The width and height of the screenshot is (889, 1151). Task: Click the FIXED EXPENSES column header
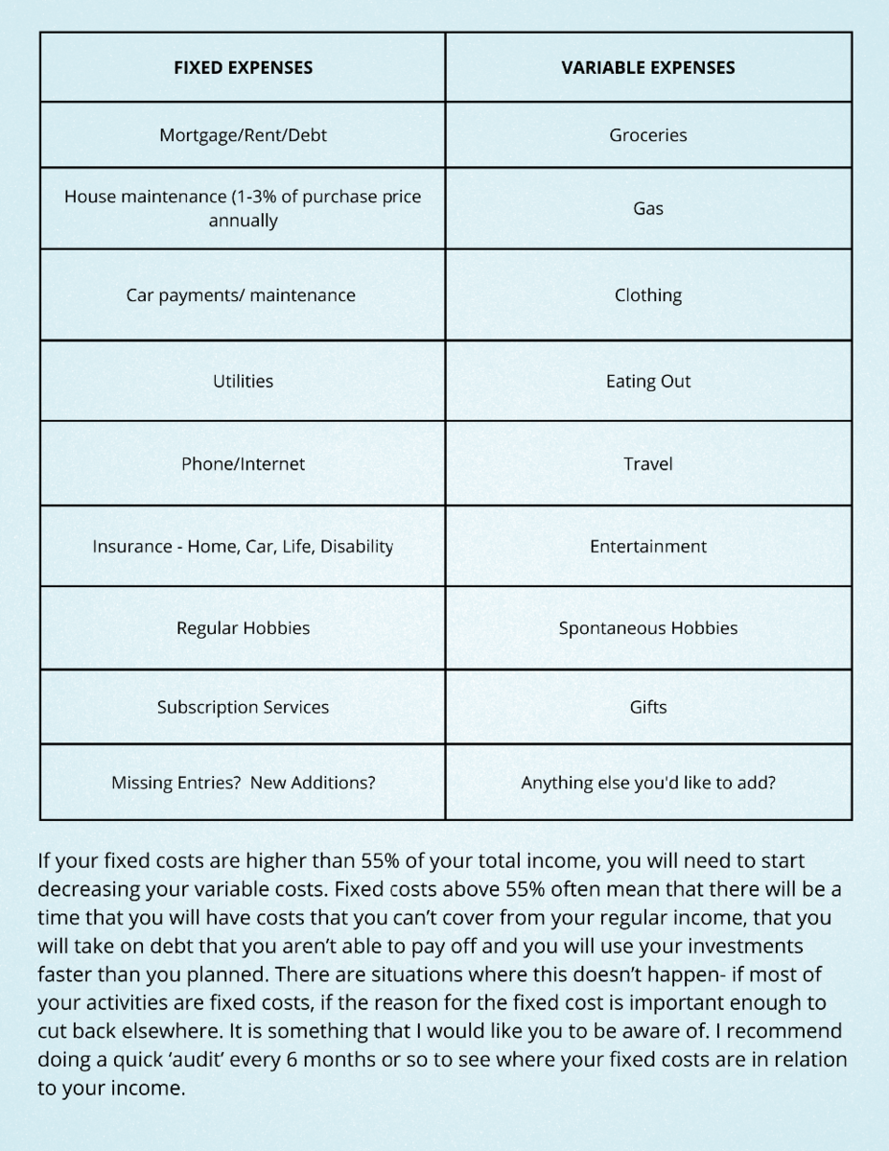click(x=243, y=67)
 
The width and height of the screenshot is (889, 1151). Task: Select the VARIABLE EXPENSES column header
click(x=648, y=67)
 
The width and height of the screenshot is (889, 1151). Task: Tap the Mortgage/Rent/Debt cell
click(x=243, y=135)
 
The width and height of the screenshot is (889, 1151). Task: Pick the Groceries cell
click(x=648, y=135)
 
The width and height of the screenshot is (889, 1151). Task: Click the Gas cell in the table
click(x=648, y=208)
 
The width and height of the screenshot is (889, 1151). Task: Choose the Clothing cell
click(x=648, y=294)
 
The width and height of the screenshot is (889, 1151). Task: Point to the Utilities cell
click(x=243, y=381)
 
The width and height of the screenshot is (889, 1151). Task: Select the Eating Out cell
click(x=648, y=381)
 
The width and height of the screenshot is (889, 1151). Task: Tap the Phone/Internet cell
click(x=243, y=463)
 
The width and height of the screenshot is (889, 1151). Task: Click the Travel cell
click(x=648, y=463)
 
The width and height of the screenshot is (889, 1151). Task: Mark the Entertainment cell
click(x=648, y=546)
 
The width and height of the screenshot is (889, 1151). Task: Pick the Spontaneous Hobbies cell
click(x=648, y=628)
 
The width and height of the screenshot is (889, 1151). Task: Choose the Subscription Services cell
click(x=243, y=707)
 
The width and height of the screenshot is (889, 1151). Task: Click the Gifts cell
click(x=648, y=707)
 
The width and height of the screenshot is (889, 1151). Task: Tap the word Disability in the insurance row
click(x=357, y=546)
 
